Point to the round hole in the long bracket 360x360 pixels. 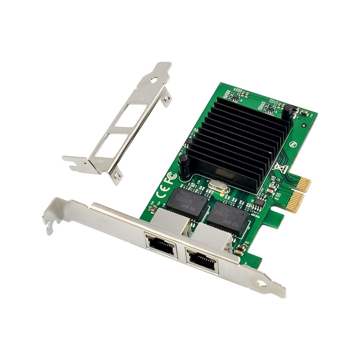point(262,284)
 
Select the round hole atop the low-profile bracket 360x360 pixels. point(154,80)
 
